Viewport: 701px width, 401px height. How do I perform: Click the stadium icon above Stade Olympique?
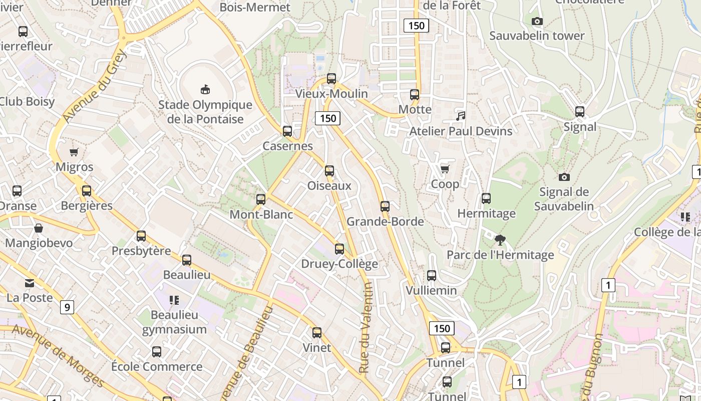click(205, 90)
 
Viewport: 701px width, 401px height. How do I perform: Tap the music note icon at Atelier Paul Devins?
click(461, 116)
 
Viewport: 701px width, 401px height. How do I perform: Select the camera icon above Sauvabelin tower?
click(537, 21)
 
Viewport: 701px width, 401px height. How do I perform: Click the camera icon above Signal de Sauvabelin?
click(564, 177)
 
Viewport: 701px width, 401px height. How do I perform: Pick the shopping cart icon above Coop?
click(445, 169)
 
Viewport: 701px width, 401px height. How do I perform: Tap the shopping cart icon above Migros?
click(74, 152)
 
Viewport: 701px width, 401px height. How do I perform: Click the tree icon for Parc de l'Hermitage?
click(499, 240)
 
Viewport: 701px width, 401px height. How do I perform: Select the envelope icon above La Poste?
click(30, 283)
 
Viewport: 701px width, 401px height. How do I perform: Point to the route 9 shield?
click(67, 307)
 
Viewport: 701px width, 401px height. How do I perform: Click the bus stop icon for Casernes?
click(287, 131)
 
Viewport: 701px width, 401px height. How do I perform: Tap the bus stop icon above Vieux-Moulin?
click(331, 79)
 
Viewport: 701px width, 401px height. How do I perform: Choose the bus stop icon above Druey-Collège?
click(339, 249)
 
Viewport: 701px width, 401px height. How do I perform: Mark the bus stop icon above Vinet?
click(317, 333)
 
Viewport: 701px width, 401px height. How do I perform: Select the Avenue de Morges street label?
click(58, 356)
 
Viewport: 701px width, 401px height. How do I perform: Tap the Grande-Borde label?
click(385, 222)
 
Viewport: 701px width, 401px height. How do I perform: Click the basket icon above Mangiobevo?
click(39, 229)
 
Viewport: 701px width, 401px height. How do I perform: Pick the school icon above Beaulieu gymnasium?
click(174, 300)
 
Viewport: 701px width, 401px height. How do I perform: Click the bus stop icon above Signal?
click(580, 112)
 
